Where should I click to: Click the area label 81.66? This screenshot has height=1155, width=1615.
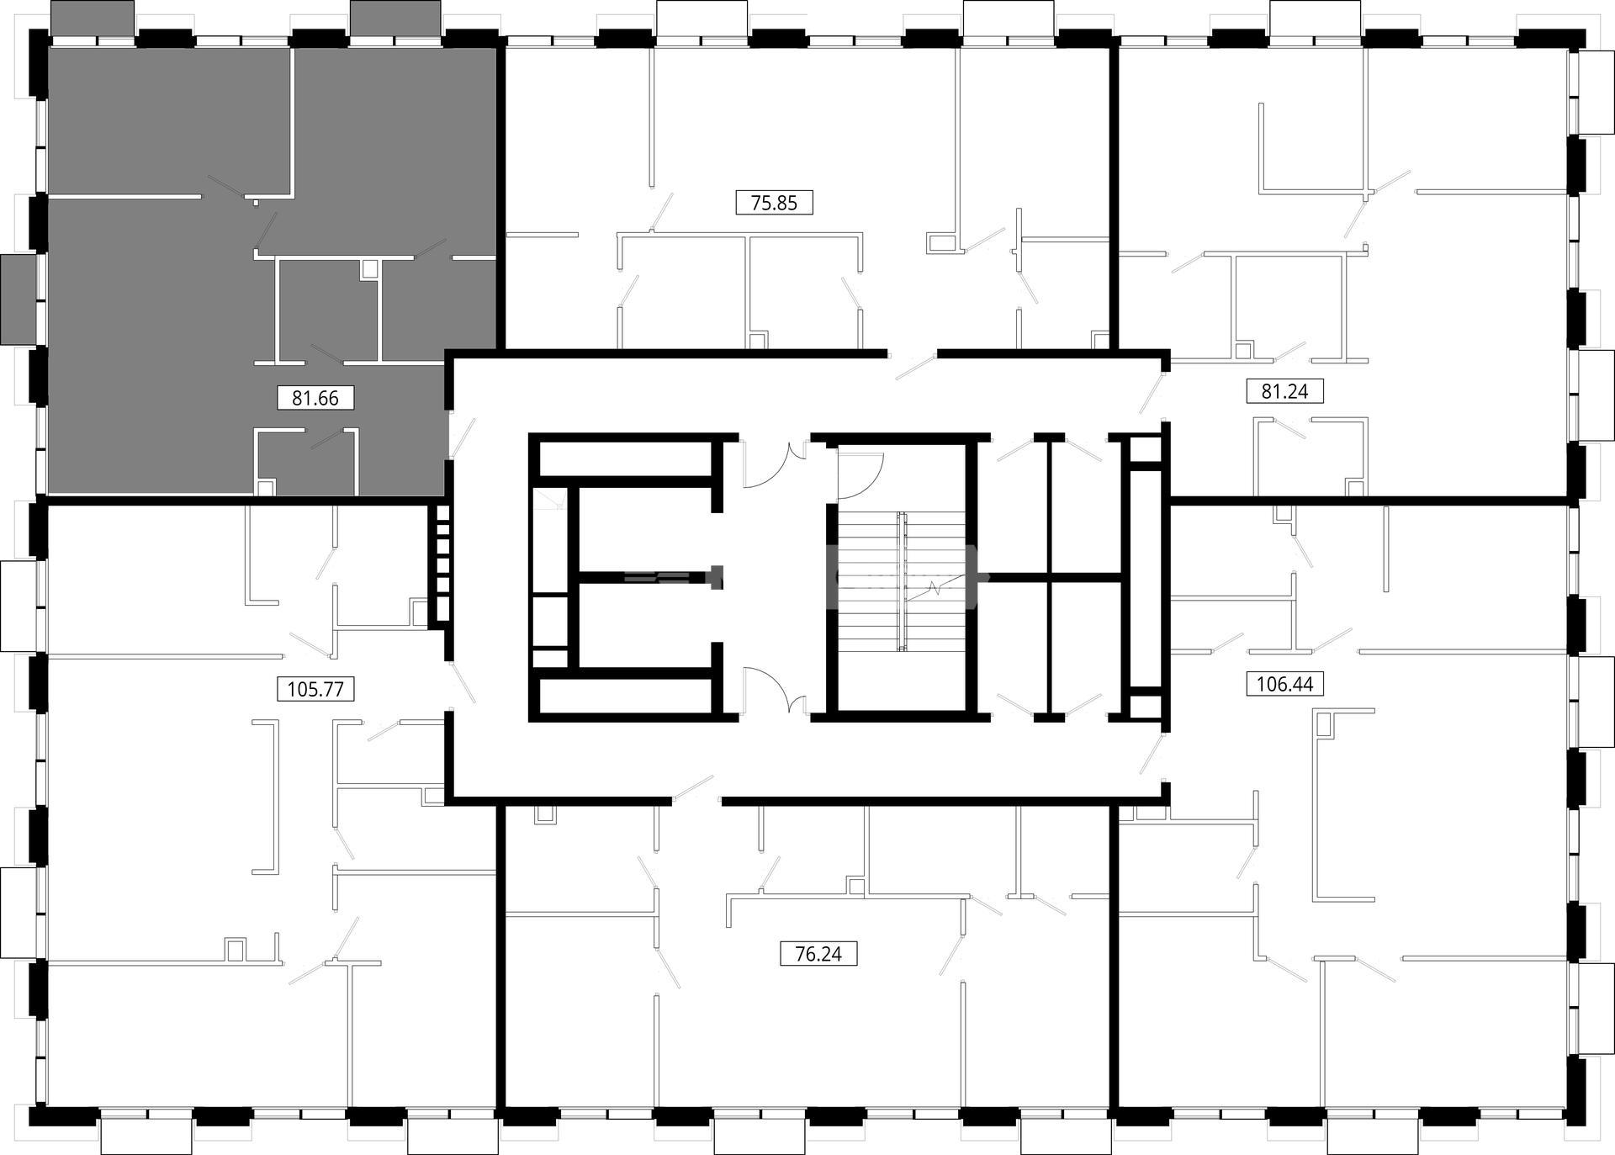(x=315, y=398)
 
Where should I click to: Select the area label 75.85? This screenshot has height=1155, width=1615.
(x=774, y=203)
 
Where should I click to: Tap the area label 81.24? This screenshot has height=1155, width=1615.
(x=1284, y=391)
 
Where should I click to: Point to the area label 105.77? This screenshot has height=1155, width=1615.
(x=315, y=690)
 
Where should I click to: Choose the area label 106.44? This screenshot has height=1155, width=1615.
(x=1284, y=685)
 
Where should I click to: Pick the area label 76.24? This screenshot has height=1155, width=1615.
(x=818, y=955)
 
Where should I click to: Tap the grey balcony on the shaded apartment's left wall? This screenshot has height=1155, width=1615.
(x=19, y=299)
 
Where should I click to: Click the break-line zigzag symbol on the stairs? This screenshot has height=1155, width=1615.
(x=935, y=586)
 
